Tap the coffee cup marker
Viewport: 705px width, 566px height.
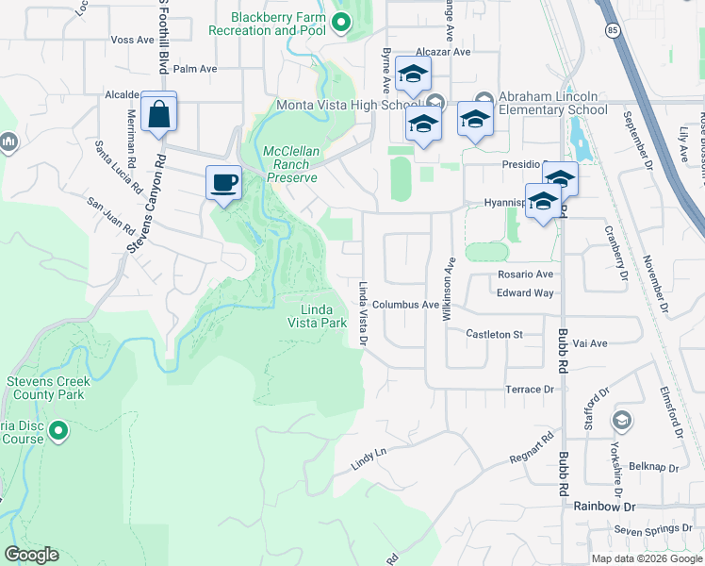(x=223, y=181)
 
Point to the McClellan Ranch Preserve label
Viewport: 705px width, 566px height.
(x=291, y=163)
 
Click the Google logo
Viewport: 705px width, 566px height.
(x=31, y=555)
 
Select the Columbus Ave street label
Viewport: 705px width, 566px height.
(x=405, y=305)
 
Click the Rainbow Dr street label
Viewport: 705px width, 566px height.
(x=605, y=507)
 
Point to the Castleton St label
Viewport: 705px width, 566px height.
(x=495, y=334)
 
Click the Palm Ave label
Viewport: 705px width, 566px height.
(x=195, y=69)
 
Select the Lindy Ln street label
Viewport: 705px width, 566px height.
(x=369, y=459)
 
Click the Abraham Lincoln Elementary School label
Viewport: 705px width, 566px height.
(x=552, y=103)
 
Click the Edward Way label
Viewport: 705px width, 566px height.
(x=525, y=292)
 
